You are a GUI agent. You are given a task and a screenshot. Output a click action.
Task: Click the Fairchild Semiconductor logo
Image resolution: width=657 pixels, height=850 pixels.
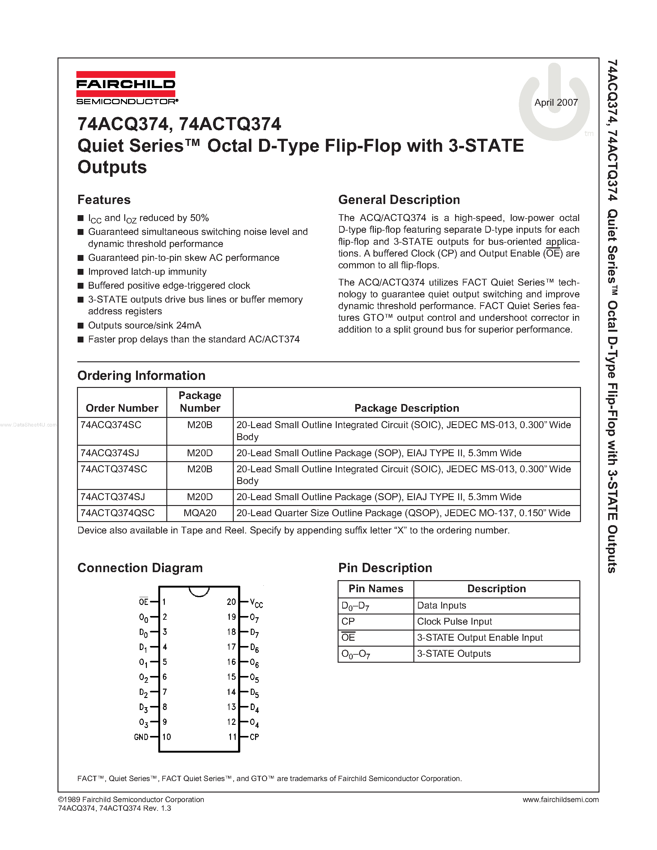click(126, 88)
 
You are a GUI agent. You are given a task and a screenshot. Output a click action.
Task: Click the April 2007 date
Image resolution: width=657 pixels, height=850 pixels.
click(556, 102)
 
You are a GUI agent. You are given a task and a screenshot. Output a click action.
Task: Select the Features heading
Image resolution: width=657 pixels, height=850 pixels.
click(104, 200)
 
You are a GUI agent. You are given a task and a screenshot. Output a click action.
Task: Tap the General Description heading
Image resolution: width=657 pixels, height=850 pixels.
click(399, 200)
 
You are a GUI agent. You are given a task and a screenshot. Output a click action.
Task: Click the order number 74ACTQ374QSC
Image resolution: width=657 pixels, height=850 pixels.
click(117, 513)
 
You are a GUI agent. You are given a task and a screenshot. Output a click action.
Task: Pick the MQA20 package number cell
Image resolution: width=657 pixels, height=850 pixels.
click(200, 513)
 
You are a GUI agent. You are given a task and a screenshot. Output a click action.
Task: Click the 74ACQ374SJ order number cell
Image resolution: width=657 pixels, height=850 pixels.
click(110, 453)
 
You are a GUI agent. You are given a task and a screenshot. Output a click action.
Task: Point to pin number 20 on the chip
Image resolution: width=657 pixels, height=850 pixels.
click(231, 602)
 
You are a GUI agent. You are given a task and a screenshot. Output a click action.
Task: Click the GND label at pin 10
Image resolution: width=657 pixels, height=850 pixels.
click(141, 737)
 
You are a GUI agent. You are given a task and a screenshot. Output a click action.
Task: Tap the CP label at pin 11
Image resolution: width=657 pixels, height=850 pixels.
click(254, 737)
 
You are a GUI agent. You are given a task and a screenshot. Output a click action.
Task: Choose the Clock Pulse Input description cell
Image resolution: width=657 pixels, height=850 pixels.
click(454, 622)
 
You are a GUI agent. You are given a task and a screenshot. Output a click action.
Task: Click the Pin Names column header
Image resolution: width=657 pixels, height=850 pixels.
click(376, 589)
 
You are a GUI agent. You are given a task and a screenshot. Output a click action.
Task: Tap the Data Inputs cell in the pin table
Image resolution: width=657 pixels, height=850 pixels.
click(442, 605)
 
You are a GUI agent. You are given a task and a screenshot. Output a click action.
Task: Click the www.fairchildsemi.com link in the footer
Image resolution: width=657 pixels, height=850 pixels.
click(561, 799)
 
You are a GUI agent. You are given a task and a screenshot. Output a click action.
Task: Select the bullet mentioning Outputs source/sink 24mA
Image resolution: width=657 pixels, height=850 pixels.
click(144, 325)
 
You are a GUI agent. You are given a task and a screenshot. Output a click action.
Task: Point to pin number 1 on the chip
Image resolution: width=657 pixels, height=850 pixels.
click(164, 602)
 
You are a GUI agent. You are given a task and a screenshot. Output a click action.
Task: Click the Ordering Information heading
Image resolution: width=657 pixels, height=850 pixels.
click(141, 376)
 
